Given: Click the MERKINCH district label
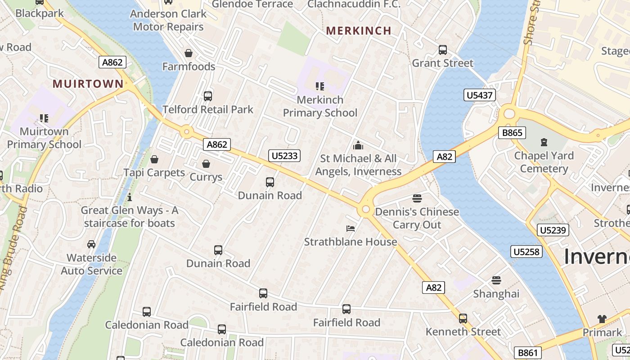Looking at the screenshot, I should (359, 31).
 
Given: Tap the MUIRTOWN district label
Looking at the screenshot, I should (88, 84).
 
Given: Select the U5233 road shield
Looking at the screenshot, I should (284, 156).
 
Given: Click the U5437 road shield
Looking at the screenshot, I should (480, 95).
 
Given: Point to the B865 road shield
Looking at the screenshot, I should (512, 133).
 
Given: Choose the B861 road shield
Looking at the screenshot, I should (527, 353).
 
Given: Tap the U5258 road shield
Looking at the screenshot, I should (526, 252).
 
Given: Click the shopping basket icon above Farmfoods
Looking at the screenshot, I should (189, 53).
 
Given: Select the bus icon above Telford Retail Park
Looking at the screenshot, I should (207, 96).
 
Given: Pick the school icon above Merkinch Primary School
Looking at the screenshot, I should (320, 86).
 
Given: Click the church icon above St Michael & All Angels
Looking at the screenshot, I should (358, 145).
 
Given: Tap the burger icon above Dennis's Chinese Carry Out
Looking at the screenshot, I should (417, 198).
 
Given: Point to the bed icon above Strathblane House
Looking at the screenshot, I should (351, 229).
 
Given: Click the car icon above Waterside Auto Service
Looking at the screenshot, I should (91, 244).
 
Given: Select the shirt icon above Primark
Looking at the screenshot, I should (602, 319).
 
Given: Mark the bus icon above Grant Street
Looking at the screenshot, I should (443, 49).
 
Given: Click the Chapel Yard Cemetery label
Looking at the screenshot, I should (544, 162).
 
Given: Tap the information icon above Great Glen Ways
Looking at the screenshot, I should (130, 197).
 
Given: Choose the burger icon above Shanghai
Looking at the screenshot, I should (496, 280).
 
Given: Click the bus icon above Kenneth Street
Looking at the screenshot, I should (463, 319).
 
